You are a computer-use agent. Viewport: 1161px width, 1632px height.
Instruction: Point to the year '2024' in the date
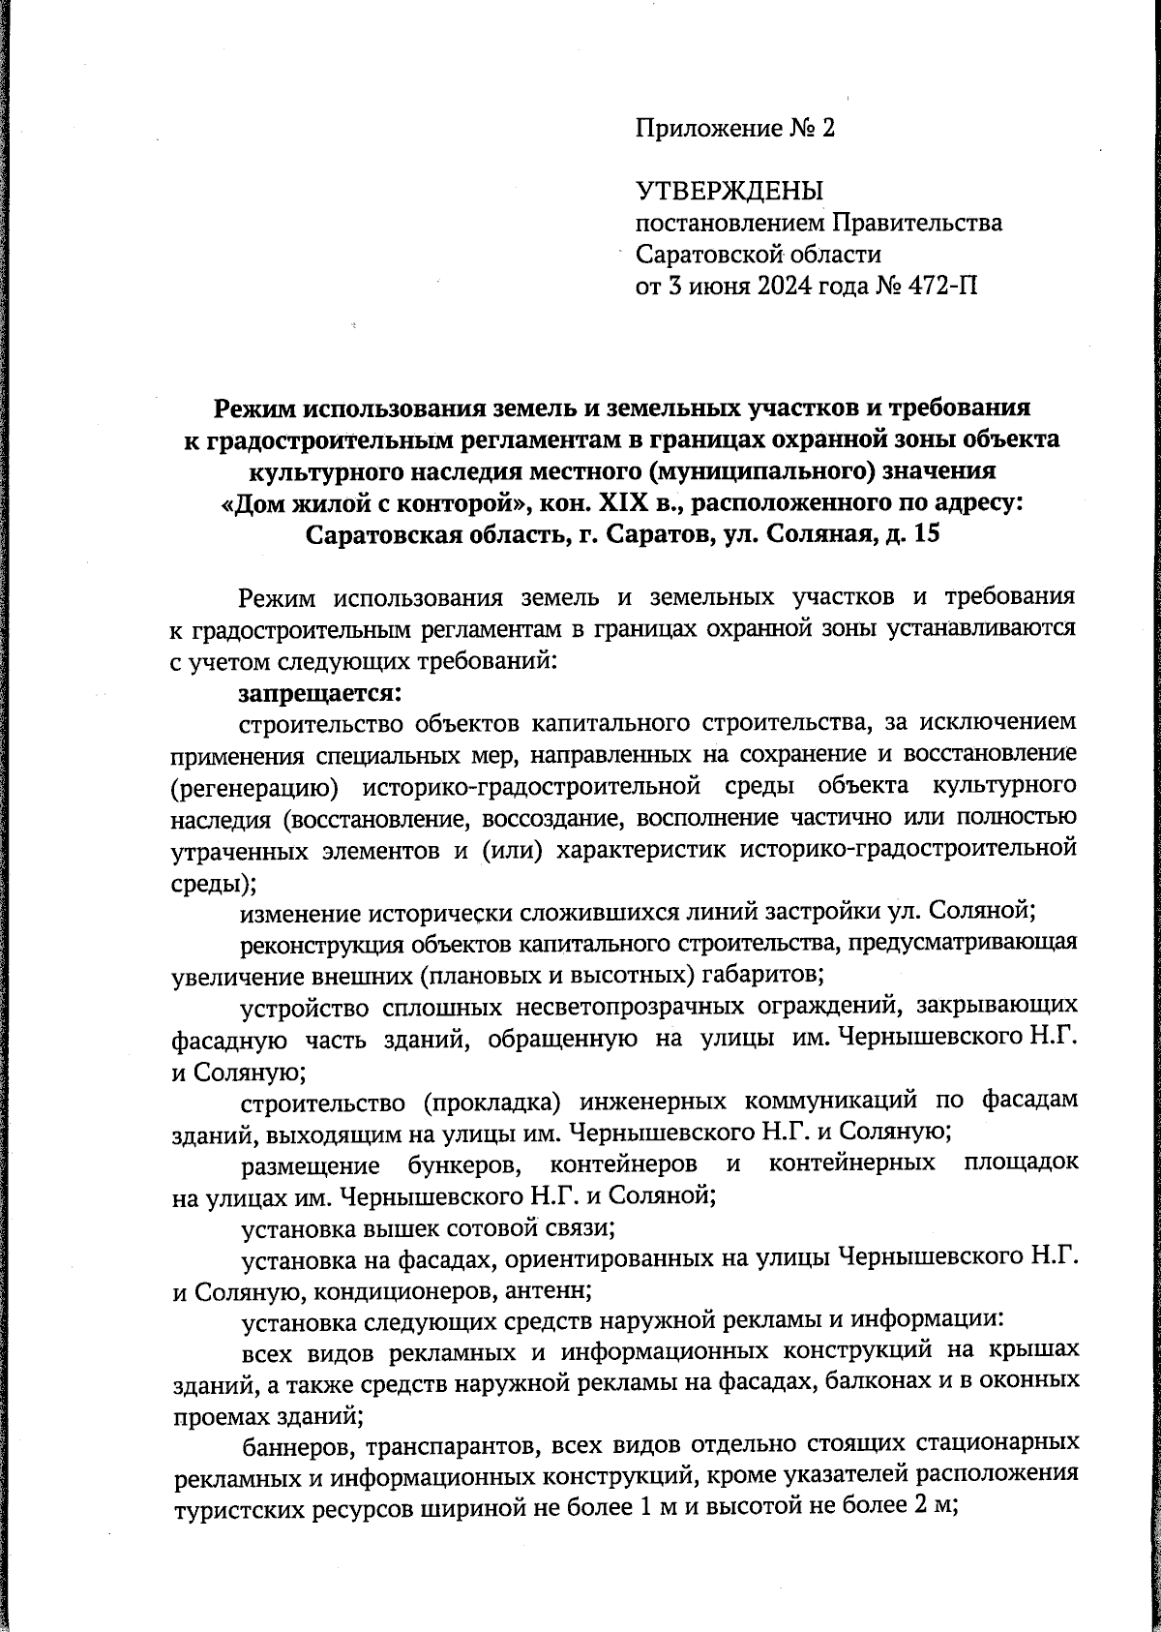click(x=761, y=286)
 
